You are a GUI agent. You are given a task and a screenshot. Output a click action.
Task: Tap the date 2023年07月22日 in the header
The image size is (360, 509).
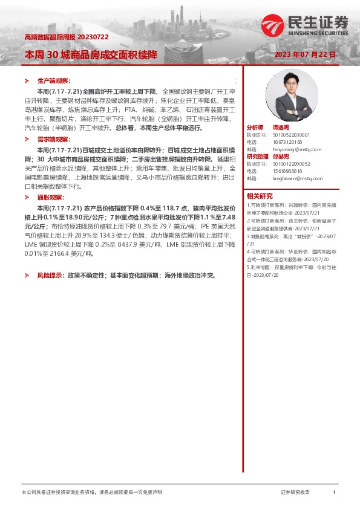(x=305, y=54)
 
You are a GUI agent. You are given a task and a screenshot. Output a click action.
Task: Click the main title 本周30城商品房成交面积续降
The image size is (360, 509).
(x=91, y=54)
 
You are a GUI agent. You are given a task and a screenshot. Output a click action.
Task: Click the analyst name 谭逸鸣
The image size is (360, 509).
(x=279, y=128)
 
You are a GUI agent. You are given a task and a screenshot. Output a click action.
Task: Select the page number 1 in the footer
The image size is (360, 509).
(x=333, y=493)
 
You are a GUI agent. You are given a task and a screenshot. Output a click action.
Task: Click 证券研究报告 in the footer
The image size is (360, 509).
(x=295, y=493)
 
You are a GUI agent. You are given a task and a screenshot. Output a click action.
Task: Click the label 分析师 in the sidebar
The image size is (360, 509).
(x=255, y=128)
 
